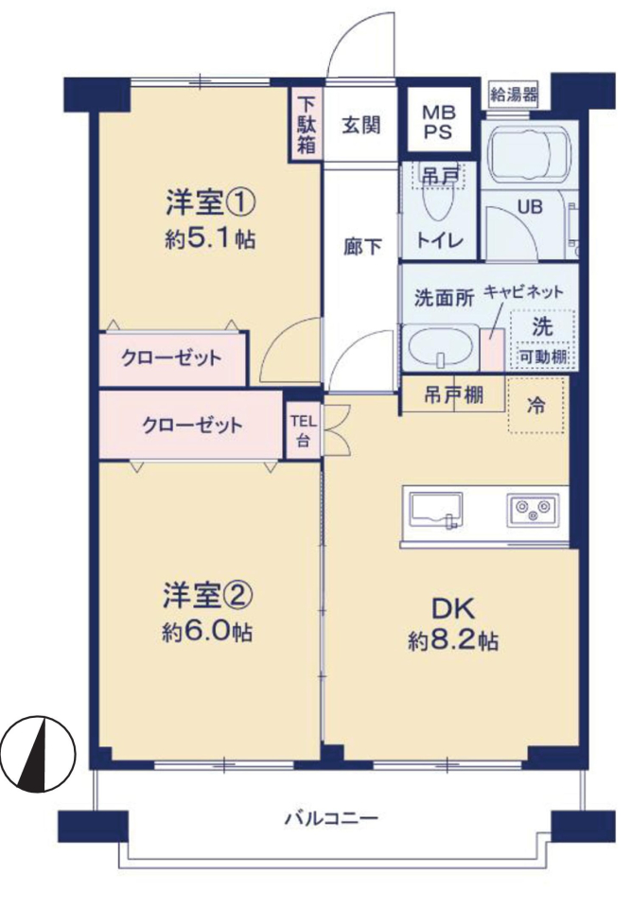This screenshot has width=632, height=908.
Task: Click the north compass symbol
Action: (x=38, y=754)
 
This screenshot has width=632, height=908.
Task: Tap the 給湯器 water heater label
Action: (x=513, y=94)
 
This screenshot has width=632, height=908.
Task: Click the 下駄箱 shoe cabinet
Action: (x=307, y=125)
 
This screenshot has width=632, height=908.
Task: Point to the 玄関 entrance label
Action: (x=360, y=125)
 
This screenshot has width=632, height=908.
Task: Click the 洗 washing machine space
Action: (x=542, y=340)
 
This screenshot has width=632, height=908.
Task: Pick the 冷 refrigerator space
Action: (x=535, y=405)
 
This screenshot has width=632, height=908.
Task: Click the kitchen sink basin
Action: (x=435, y=510)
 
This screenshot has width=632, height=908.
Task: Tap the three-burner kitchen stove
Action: (x=533, y=510)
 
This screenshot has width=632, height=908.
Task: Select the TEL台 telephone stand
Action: (x=304, y=430)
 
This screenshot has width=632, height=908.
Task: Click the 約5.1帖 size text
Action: (x=210, y=238)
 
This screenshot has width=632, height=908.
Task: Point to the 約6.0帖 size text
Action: (x=207, y=633)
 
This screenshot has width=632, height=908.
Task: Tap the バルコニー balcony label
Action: (x=332, y=819)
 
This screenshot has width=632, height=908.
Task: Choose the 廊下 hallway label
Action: (x=362, y=247)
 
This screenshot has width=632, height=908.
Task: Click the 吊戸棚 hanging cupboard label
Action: (x=453, y=395)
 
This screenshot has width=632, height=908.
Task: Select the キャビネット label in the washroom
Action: (x=523, y=291)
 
